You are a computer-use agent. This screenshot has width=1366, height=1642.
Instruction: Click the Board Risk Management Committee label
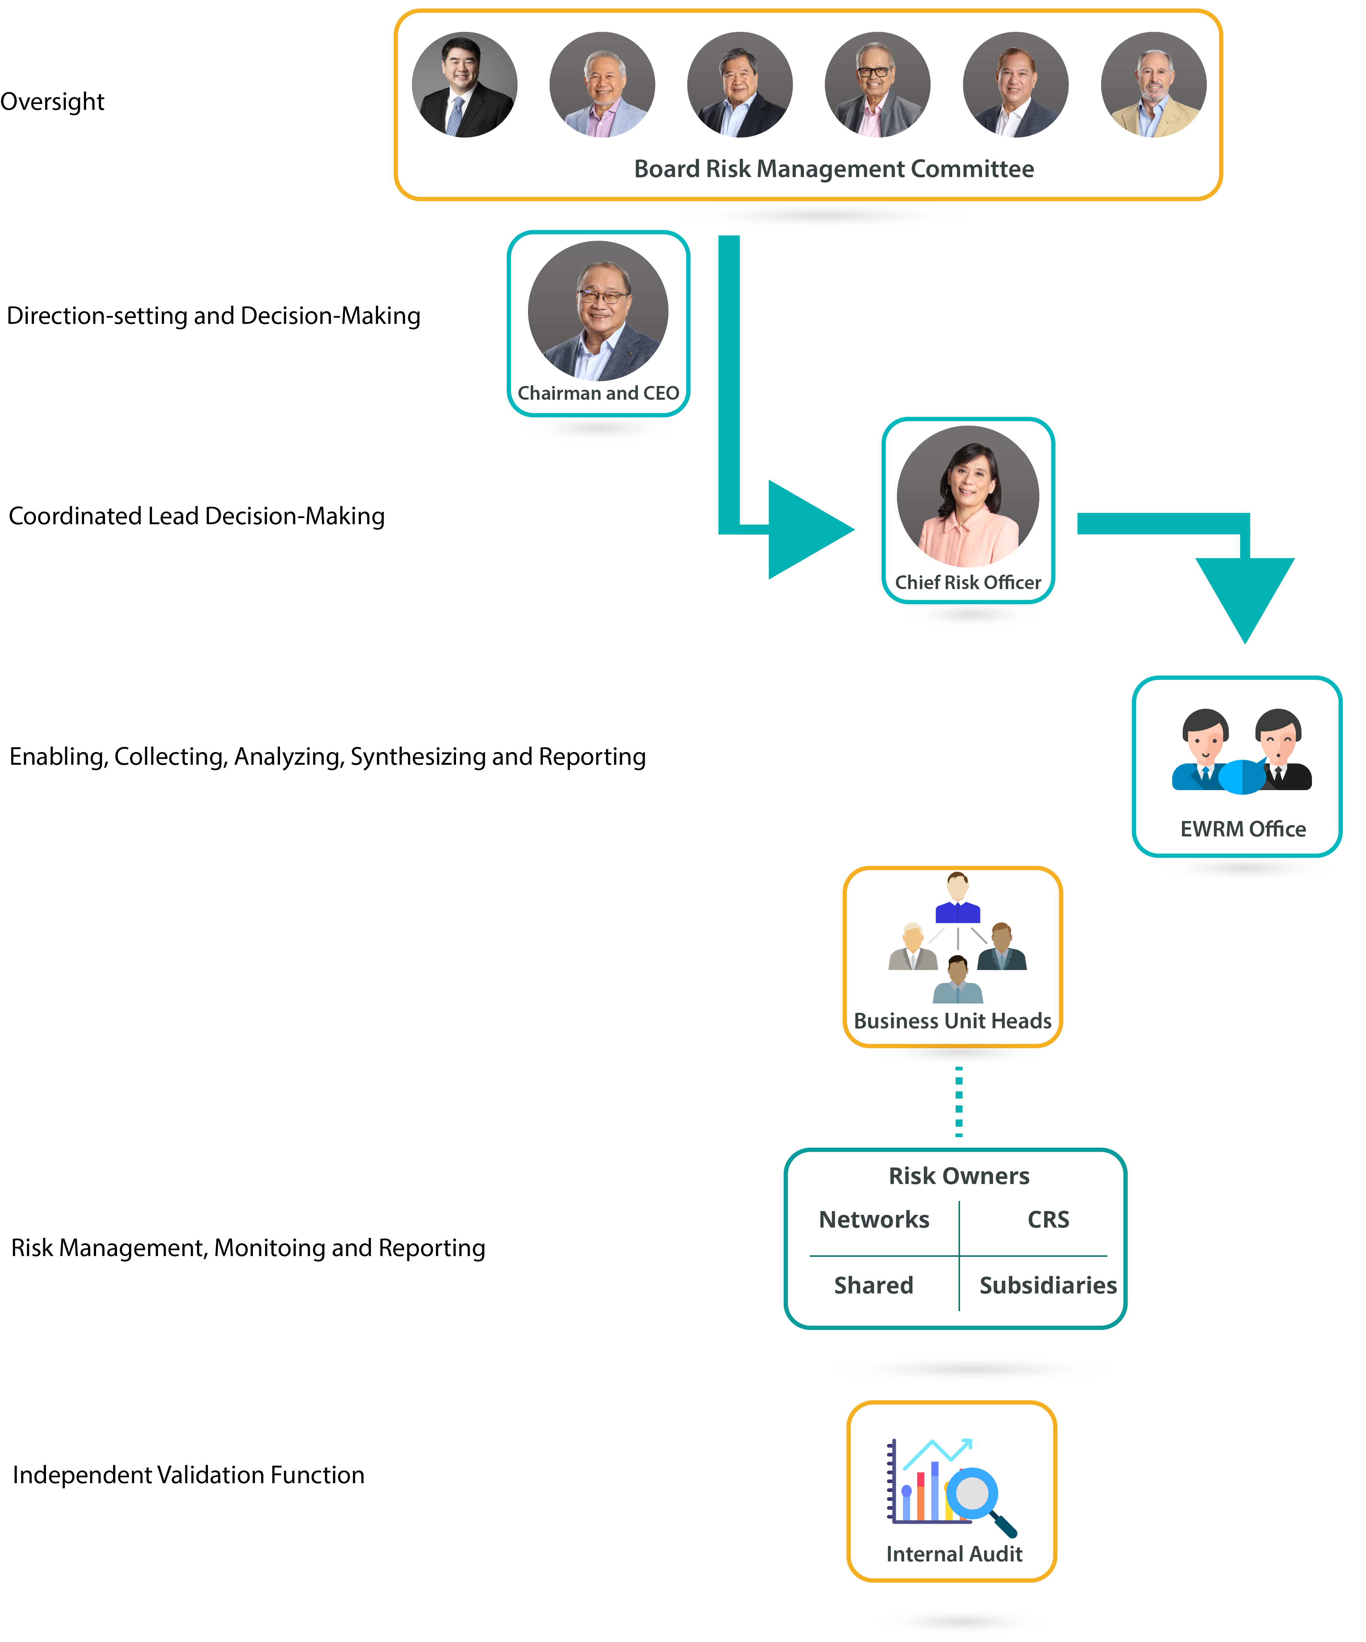point(833,169)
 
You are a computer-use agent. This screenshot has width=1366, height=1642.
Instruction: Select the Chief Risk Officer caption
point(968,583)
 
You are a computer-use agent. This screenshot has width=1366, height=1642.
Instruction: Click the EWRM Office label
point(1242,829)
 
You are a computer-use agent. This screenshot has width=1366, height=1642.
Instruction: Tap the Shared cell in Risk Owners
point(873,1286)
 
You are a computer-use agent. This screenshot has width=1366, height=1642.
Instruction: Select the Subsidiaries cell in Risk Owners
point(1048,1286)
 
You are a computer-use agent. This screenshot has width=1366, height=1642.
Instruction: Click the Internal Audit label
point(954,1553)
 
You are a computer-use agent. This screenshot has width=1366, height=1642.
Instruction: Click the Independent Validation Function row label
point(188,1475)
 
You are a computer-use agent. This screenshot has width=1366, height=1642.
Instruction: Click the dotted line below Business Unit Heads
point(959,1101)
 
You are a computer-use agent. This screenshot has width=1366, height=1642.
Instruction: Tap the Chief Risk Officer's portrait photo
point(968,496)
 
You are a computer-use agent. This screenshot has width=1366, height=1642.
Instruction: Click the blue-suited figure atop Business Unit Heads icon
point(958,899)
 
